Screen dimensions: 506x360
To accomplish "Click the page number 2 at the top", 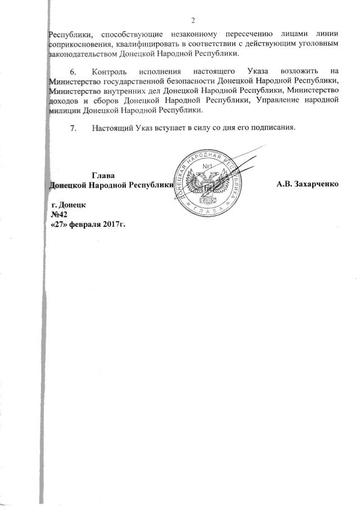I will tap(193, 21).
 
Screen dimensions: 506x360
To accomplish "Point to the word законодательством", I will tap(83, 54).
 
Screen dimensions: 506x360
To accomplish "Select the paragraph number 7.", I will tap(73, 128).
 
